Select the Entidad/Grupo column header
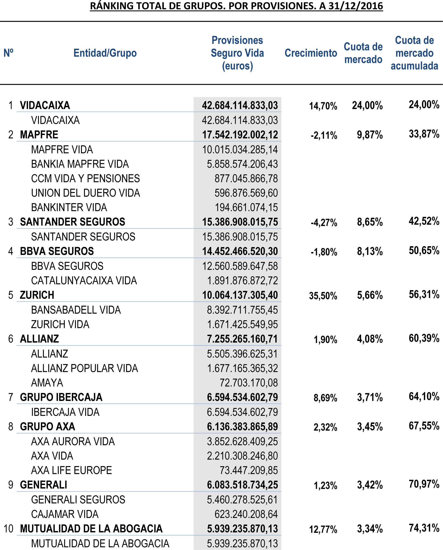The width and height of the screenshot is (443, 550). click(x=105, y=53)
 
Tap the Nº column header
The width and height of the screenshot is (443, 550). click(x=8, y=53)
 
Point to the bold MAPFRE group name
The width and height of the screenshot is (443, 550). click(x=39, y=135)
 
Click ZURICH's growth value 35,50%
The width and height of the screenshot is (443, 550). click(x=323, y=296)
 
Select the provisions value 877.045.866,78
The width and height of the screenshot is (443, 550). click(x=246, y=179)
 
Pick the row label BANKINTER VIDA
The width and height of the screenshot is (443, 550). click(x=69, y=208)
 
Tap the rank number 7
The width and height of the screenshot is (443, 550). click(x=11, y=397)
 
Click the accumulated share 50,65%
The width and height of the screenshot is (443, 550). click(x=424, y=251)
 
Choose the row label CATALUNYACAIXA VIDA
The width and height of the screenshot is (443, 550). click(x=84, y=281)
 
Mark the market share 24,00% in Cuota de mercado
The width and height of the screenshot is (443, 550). click(x=367, y=105)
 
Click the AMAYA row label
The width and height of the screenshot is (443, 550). click(x=47, y=383)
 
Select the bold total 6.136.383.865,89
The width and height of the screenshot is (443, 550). click(x=242, y=427)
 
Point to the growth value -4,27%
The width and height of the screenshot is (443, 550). click(x=324, y=223)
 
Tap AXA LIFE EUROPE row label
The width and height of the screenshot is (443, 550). click(x=71, y=470)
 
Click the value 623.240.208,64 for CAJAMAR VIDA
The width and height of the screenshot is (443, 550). click(x=246, y=514)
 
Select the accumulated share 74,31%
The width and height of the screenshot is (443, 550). click(x=424, y=528)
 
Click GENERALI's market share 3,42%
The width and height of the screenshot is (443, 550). click(x=370, y=485)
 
